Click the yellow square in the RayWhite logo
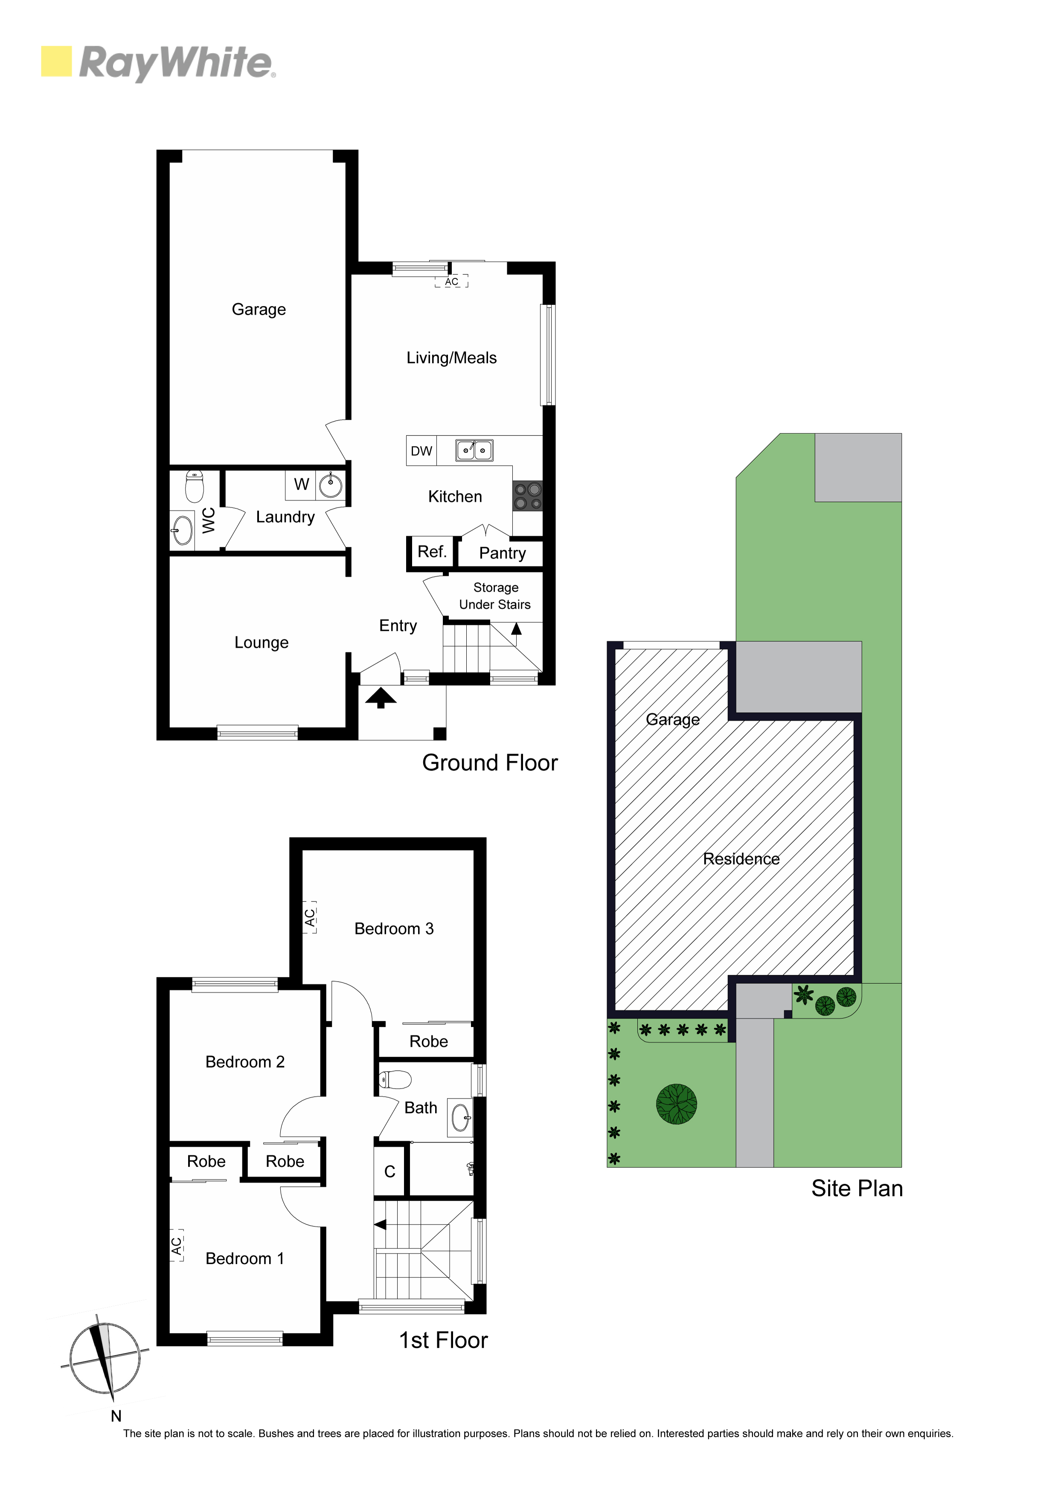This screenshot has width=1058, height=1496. (56, 61)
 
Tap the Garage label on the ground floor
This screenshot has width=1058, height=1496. (259, 310)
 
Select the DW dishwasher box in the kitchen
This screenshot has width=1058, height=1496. (421, 450)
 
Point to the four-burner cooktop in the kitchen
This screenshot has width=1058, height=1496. (527, 496)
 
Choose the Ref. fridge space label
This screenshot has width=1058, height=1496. (432, 552)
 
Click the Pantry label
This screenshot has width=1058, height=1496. (502, 553)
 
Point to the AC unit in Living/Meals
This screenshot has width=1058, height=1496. (452, 281)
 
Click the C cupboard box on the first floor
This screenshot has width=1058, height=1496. (390, 1171)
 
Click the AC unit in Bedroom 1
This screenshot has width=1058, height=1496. (177, 1246)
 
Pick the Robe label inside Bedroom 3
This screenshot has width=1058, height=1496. (428, 1041)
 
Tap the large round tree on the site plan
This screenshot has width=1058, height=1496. (677, 1104)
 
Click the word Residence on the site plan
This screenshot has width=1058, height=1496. (741, 859)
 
